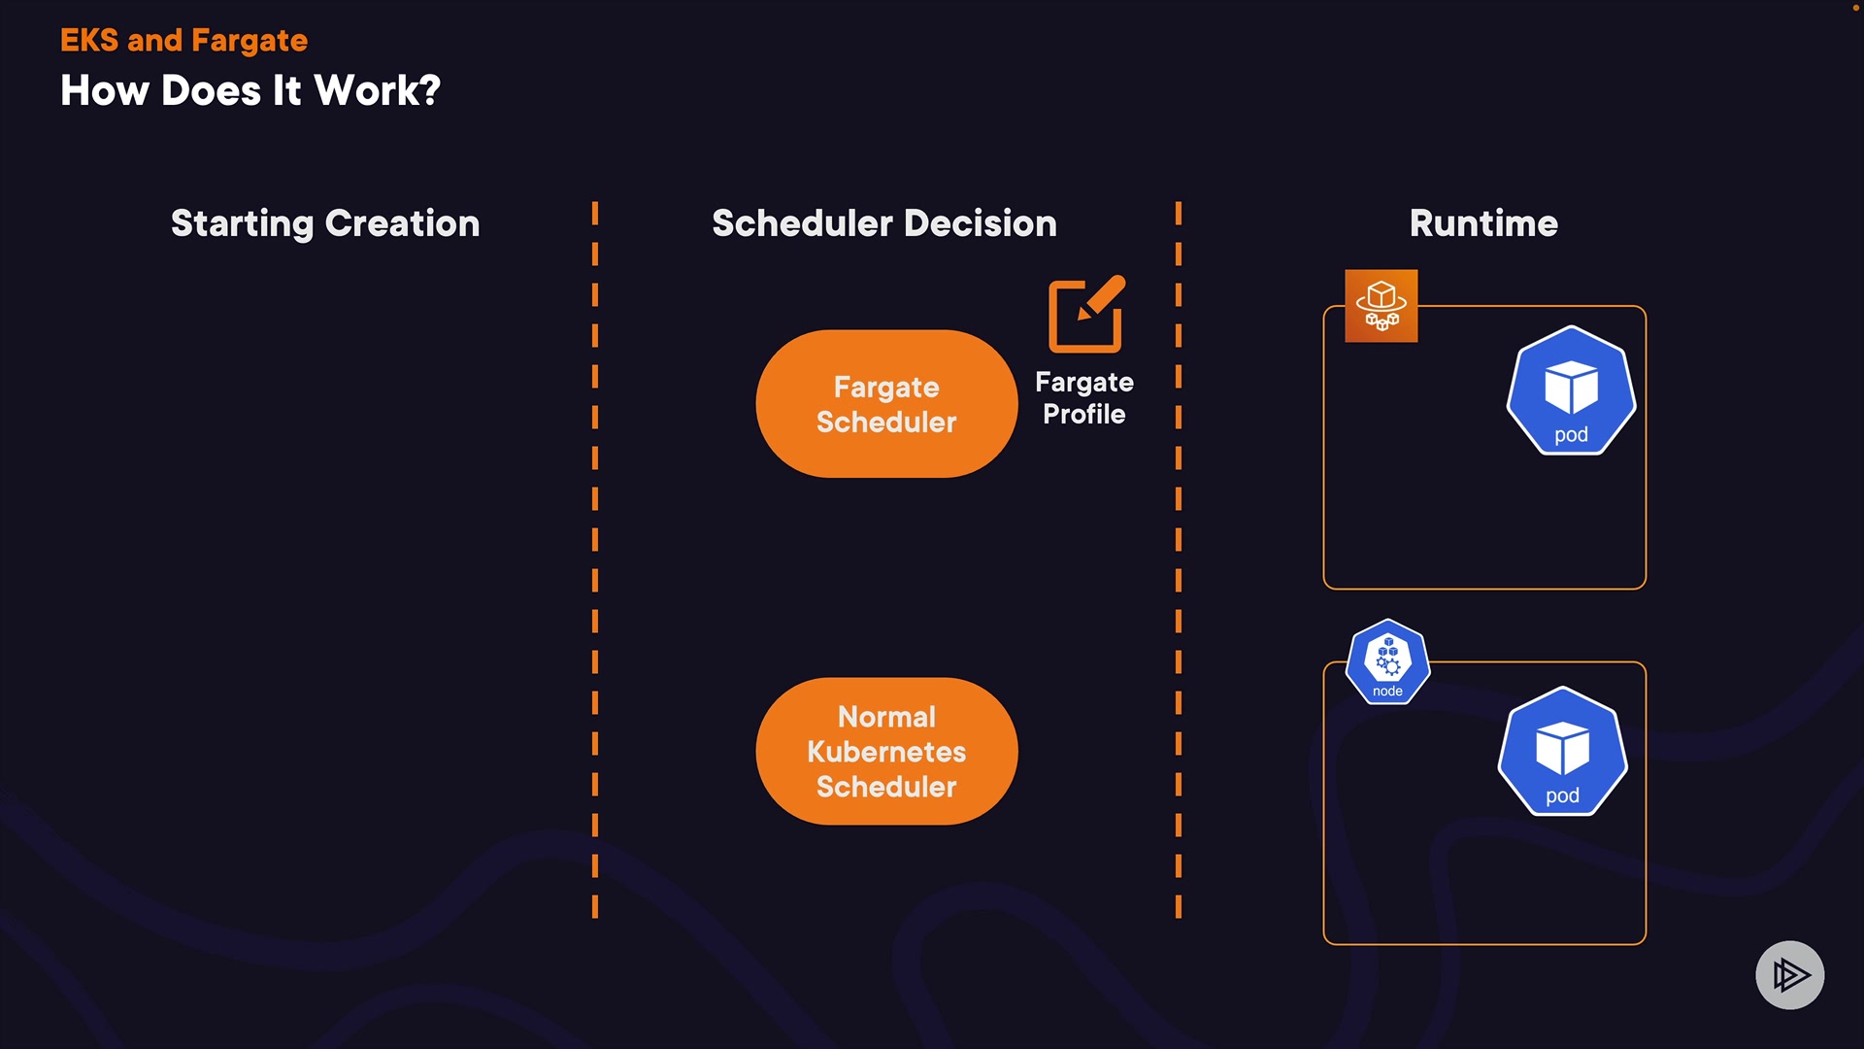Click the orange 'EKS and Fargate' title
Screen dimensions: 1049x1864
(x=183, y=41)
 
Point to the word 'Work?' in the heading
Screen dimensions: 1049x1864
(x=378, y=91)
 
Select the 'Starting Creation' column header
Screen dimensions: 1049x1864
(x=325, y=223)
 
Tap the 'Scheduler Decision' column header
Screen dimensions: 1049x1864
(x=883, y=223)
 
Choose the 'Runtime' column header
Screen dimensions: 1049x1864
(x=1483, y=223)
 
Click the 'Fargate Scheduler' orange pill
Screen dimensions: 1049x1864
(x=886, y=404)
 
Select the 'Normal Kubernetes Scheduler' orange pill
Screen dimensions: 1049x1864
(x=886, y=751)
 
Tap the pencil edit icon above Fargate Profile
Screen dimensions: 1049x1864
(x=1086, y=314)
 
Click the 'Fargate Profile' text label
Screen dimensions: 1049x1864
(x=1083, y=398)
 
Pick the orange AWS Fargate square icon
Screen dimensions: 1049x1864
(x=1381, y=306)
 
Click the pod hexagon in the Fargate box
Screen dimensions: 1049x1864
(x=1571, y=390)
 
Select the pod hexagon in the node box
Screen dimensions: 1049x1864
(x=1562, y=752)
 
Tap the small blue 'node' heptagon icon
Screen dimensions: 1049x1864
(x=1387, y=661)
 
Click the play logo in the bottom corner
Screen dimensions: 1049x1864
(x=1789, y=974)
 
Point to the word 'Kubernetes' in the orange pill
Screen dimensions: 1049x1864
(x=886, y=752)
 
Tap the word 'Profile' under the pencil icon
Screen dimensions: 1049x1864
(x=1083, y=415)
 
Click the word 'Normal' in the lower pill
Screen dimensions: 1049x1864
(x=886, y=717)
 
